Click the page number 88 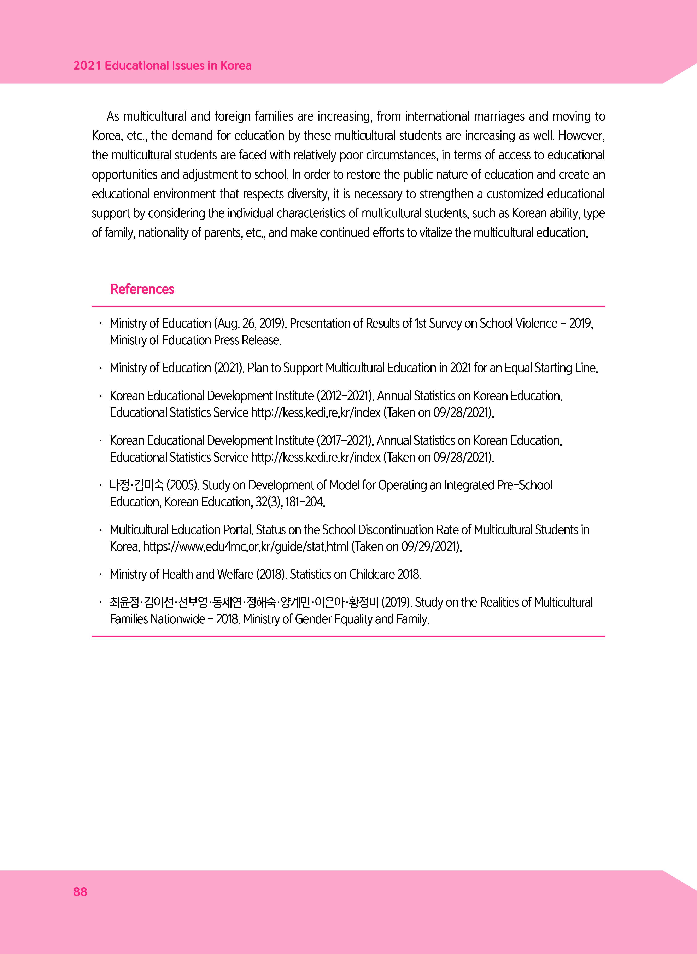80,892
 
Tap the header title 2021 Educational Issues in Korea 162,66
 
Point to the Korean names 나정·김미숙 136,485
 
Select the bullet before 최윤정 100,603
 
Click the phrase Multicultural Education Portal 181,530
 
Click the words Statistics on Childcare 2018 355,574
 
